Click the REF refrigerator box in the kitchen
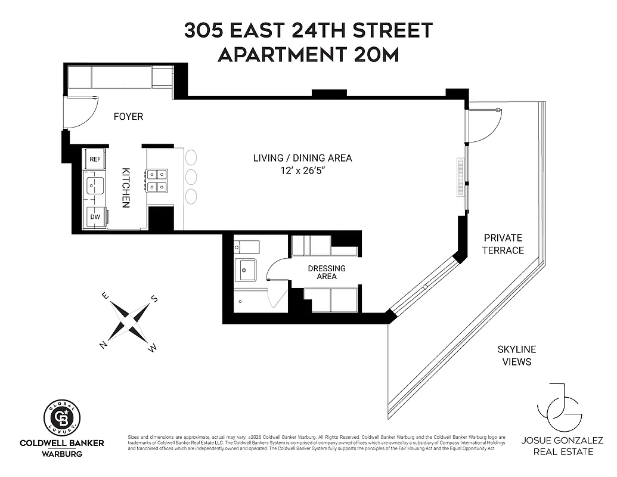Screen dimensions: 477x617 pos(95,159)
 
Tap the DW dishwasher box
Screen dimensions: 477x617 pos(95,217)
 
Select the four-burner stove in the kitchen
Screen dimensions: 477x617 pos(157,180)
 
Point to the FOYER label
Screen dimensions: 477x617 pos(129,116)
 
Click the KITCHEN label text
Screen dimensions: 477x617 pos(126,187)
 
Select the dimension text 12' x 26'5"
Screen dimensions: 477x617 pos(302,171)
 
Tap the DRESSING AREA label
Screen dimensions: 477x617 pos(327,272)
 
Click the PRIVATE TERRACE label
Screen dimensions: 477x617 pos(503,244)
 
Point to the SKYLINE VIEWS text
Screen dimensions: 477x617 pos(517,355)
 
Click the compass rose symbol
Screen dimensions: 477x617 pos(129,321)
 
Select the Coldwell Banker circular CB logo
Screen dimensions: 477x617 pos(63,417)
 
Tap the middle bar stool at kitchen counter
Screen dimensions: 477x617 pos(191,177)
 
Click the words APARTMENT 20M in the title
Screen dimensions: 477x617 pos(308,54)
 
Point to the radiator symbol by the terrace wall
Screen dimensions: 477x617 pos(460,177)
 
